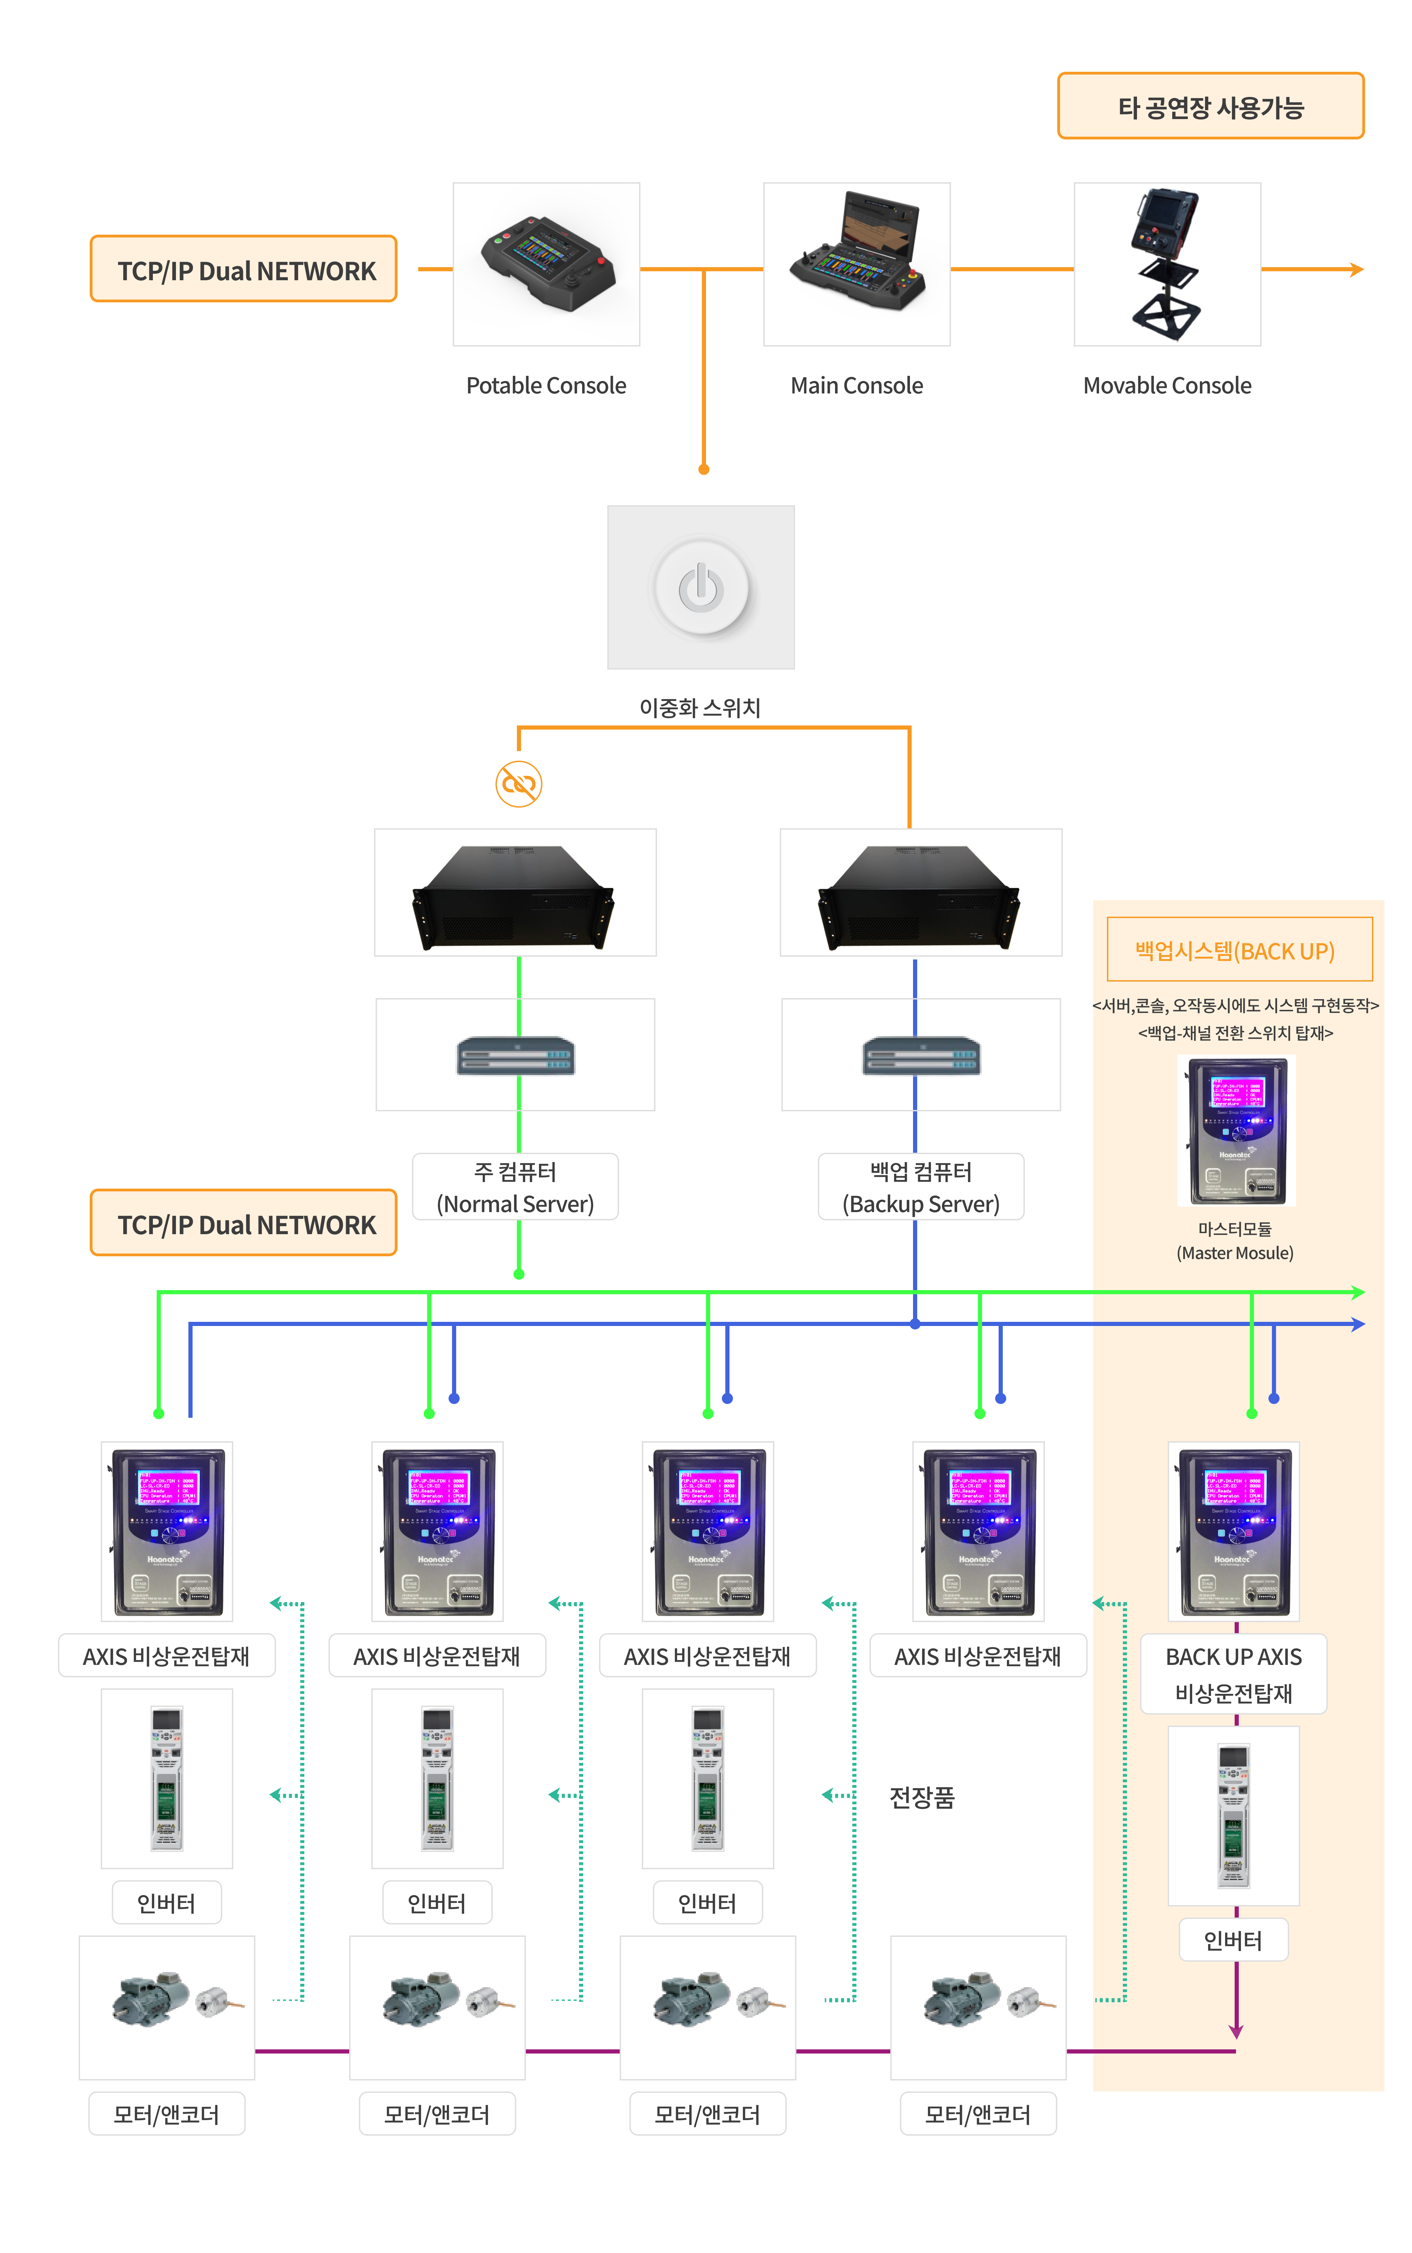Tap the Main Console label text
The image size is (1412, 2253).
[856, 386]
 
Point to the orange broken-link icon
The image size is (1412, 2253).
[518, 784]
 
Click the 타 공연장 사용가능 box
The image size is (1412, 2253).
[1210, 107]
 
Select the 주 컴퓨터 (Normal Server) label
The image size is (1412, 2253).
[516, 1187]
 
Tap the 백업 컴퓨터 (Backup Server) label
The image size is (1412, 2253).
[921, 1187]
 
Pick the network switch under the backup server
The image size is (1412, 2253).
[921, 1055]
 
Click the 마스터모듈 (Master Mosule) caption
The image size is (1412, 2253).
[1235, 1240]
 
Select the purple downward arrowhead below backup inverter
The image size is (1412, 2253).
[1235, 2032]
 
